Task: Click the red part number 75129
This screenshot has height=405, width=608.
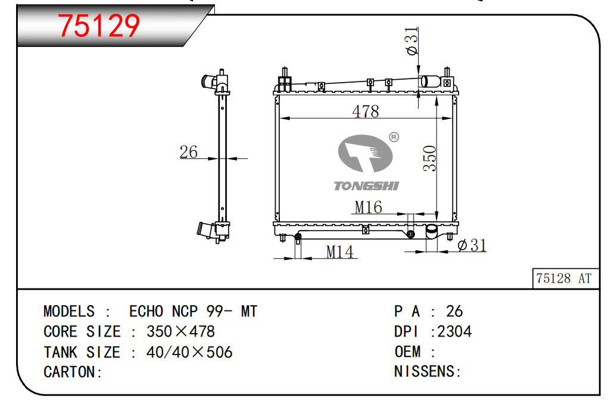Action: pos(98,26)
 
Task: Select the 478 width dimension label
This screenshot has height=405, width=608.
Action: pos(365,112)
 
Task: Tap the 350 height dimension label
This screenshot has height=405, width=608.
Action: pos(429,158)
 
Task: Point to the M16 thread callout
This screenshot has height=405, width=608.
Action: pos(368,207)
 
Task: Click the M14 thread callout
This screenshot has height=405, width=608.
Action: pos(339,252)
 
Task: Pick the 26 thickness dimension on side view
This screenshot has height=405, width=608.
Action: pos(188,152)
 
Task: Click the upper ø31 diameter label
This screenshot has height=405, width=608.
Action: pos(411,40)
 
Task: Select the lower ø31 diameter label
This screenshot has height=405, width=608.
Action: pos(472,245)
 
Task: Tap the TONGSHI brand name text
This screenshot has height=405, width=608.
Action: pos(366,186)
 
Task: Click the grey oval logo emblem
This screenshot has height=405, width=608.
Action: pos(365,153)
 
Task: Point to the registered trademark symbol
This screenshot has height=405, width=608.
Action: pos(394,137)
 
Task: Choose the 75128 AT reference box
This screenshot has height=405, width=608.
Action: pos(565,278)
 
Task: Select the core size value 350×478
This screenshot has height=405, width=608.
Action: pos(180,331)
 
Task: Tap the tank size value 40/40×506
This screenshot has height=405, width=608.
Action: pos(189,352)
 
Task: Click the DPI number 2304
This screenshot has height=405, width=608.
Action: pos(454,331)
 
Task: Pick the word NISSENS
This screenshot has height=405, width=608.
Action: pos(424,371)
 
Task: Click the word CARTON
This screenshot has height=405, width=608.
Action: pos(69,372)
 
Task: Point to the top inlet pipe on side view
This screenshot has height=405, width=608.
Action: pos(209,81)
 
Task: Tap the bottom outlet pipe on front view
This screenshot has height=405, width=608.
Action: pos(432,232)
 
